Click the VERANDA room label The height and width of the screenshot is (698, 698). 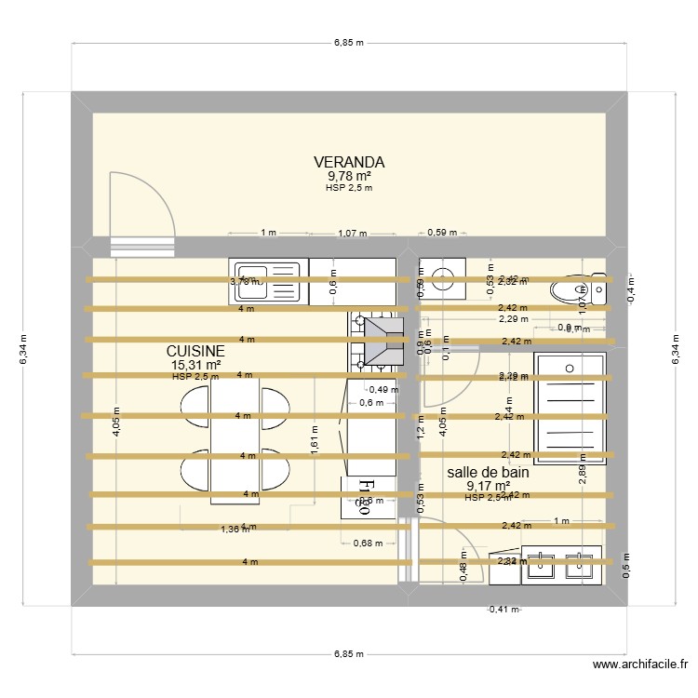click(349, 162)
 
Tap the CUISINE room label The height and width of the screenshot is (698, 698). click(195, 350)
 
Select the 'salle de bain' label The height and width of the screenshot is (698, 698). click(488, 472)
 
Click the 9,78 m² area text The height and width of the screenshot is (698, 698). click(349, 176)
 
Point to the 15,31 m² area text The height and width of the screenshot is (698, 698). click(195, 365)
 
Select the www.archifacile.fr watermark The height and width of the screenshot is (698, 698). click(640, 664)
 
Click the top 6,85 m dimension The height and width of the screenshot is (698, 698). click(349, 42)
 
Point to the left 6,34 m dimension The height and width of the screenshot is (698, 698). click(25, 349)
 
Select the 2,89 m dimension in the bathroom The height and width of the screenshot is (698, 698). click(582, 475)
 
